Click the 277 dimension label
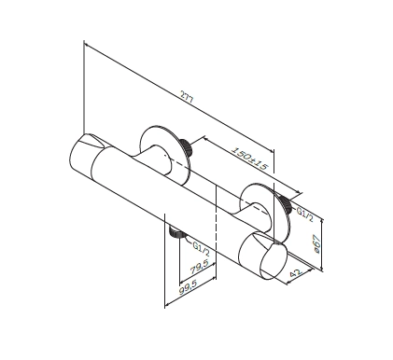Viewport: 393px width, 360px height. (187, 96)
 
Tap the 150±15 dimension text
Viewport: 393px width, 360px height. (249, 158)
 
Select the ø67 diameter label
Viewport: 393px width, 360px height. (316, 243)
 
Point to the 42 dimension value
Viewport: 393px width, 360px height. (295, 273)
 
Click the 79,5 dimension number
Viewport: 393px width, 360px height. (200, 268)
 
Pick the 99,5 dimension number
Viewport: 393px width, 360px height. (189, 289)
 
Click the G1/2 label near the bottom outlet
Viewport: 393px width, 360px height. (201, 249)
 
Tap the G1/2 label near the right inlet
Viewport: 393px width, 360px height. (304, 215)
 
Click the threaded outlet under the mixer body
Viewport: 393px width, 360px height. (175, 232)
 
